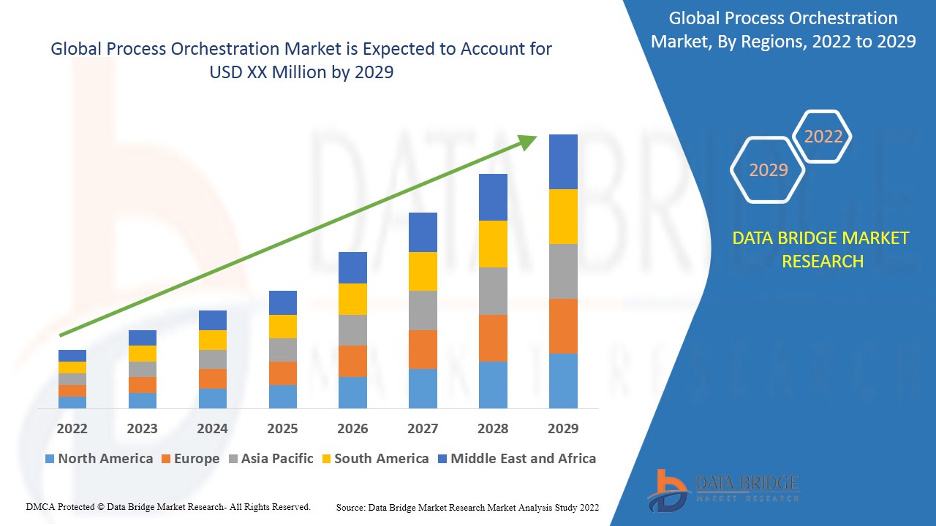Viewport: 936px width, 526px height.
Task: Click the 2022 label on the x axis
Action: click(72, 428)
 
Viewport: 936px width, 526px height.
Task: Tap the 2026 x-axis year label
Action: click(352, 428)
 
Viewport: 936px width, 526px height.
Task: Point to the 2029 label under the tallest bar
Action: click(563, 428)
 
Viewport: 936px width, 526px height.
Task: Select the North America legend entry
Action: click(99, 459)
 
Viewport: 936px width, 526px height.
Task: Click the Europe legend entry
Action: click(189, 459)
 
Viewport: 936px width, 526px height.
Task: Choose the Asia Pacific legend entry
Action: click(271, 459)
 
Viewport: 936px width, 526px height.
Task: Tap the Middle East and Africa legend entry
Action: click(516, 459)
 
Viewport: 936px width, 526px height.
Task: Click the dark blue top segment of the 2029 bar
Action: click(563, 161)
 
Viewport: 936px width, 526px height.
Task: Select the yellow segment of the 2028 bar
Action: click(493, 244)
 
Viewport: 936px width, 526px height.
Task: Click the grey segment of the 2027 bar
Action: click(423, 310)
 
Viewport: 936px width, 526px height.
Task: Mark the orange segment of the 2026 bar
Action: click(352, 361)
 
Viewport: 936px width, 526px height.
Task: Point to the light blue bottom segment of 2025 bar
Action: click(282, 396)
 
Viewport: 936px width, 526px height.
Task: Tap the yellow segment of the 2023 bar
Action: click(142, 354)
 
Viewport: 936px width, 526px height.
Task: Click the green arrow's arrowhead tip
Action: click(536, 137)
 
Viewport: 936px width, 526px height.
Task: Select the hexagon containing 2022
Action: click(823, 137)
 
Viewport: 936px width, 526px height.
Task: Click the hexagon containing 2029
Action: click(768, 169)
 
